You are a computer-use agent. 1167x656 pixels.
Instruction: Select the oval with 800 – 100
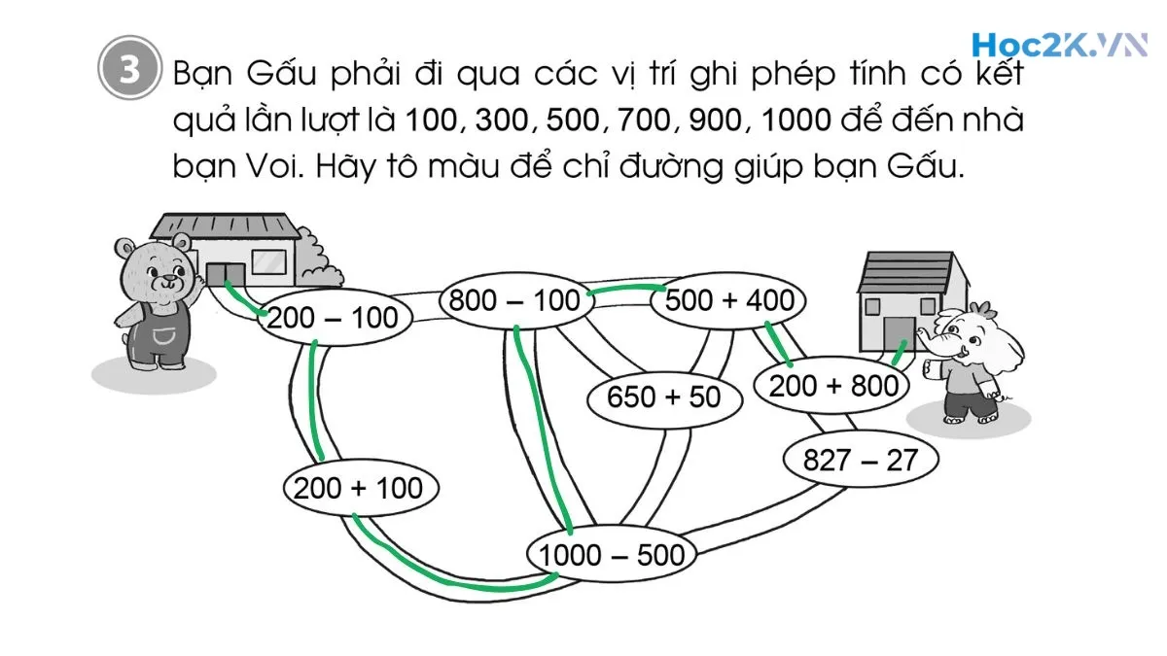coord(514,300)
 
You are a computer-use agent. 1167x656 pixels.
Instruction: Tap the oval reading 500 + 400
coord(729,300)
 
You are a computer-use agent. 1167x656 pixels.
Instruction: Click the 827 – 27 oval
coord(860,459)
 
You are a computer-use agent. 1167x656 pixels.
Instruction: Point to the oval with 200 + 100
coord(360,487)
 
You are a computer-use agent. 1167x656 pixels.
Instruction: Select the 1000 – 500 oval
coord(612,555)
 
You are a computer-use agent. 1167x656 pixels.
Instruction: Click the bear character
coord(153,301)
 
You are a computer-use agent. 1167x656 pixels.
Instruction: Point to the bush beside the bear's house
coord(317,255)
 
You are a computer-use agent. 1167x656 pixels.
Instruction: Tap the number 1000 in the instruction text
coord(796,121)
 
